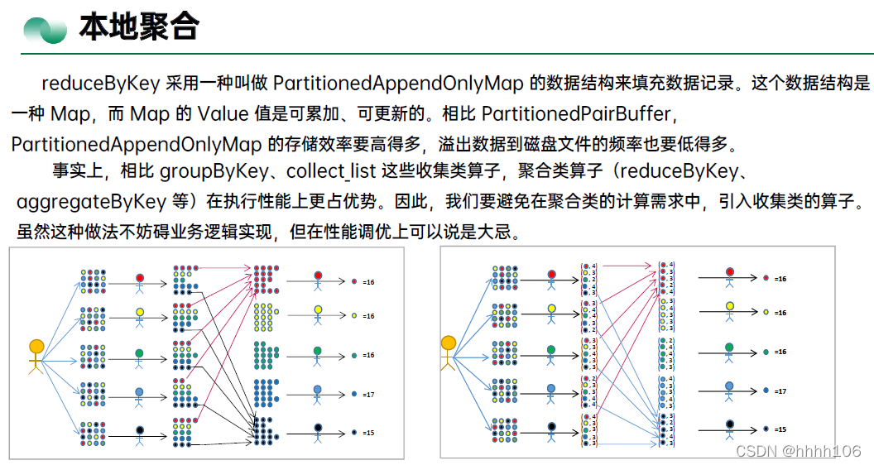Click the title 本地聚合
(x=139, y=27)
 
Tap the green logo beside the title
(x=45, y=30)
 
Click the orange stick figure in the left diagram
(x=36, y=356)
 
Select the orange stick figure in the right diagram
(x=448, y=351)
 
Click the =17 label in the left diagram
(x=368, y=395)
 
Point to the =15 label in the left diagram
(x=368, y=433)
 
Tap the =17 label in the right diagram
(x=780, y=391)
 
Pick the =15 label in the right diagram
(x=780, y=429)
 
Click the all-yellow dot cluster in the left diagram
(x=266, y=316)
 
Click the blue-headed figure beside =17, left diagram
(x=317, y=395)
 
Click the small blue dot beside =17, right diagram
(x=766, y=391)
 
